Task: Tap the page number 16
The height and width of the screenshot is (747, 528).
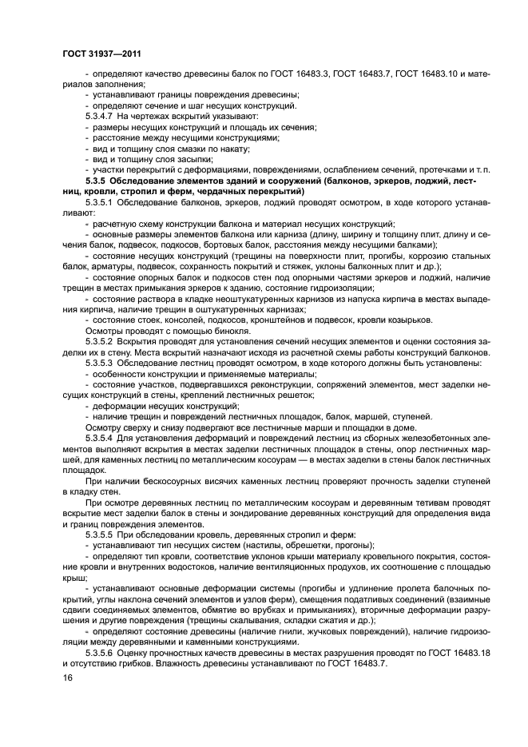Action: click(x=67, y=677)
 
